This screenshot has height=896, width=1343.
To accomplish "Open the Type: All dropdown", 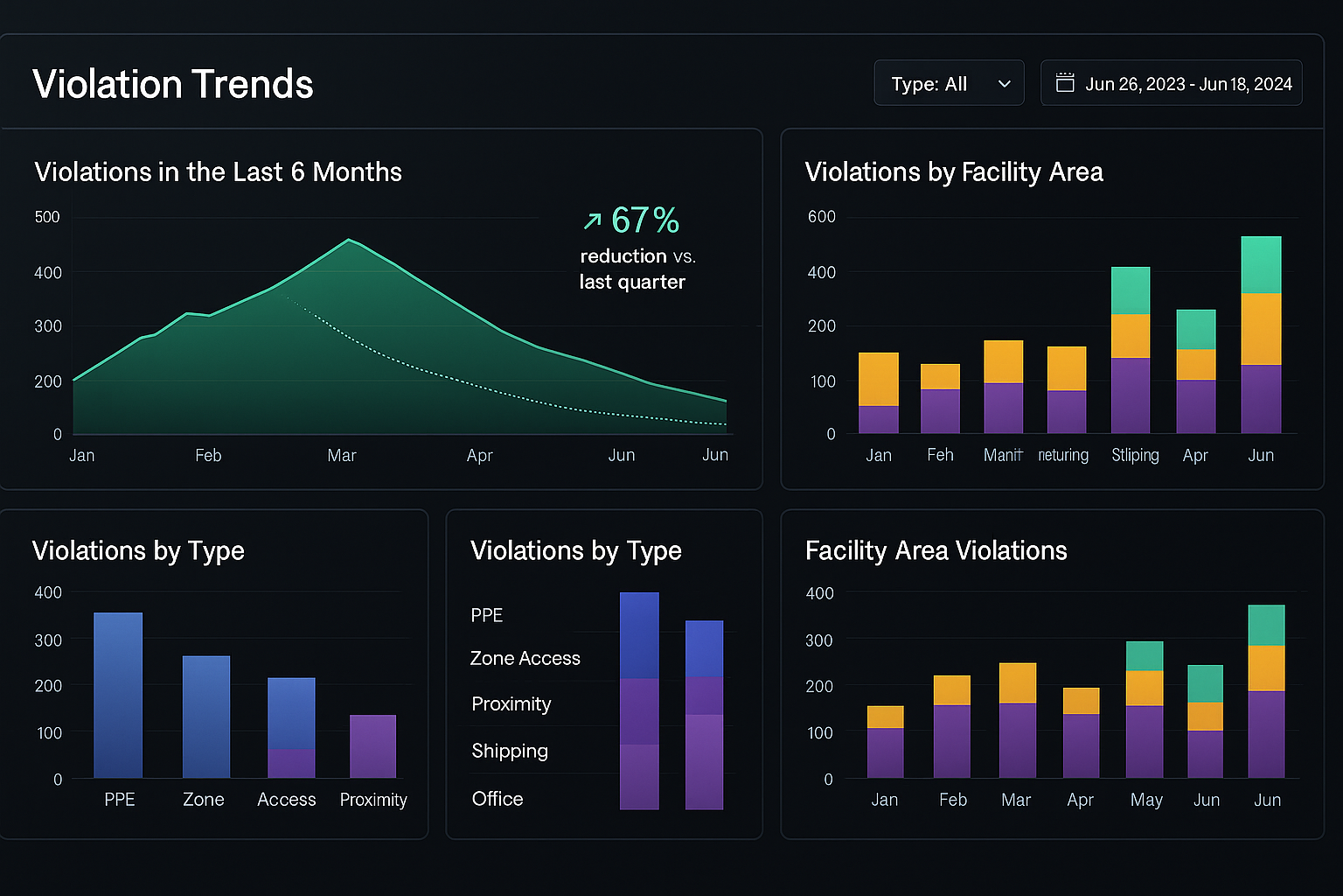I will tap(949, 84).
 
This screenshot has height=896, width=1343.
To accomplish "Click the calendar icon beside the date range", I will tap(1065, 83).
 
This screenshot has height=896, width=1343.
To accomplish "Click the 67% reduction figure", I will tap(644, 220).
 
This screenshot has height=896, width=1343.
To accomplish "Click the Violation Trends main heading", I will tap(173, 84).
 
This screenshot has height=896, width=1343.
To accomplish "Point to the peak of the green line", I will tap(349, 240).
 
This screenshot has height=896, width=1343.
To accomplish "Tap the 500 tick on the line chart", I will tap(47, 217).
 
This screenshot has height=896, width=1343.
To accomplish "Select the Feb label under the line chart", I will tap(208, 455).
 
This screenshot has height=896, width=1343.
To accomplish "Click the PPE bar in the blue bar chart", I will tap(118, 695).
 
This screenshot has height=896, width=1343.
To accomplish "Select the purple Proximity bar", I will tap(373, 746).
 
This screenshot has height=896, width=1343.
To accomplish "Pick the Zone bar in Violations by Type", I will tap(206, 717).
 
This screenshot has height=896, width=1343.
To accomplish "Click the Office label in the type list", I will tap(498, 799).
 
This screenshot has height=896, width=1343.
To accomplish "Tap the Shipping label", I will tap(510, 751).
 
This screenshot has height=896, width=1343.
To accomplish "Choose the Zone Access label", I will tap(525, 658).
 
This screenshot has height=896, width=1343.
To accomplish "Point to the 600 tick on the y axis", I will tap(821, 217).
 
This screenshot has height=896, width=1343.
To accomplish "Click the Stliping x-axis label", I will tap(1135, 455).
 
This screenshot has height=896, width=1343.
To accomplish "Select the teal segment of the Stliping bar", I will tap(1131, 290).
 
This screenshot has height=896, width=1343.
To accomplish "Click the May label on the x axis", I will tap(1145, 800).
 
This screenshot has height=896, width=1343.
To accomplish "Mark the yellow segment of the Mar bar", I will tap(1018, 682).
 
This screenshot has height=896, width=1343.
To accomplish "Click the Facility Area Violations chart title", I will tap(936, 550).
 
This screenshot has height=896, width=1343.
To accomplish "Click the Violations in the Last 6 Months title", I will tap(218, 171).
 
